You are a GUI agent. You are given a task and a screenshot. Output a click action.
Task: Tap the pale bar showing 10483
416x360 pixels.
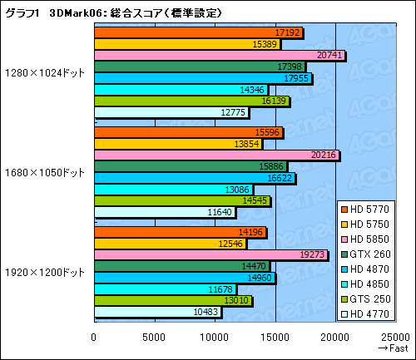(157, 312)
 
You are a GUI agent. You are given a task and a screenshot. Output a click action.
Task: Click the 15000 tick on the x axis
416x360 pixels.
(275, 337)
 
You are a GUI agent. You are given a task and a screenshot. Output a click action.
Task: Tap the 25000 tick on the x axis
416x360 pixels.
(394, 337)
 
